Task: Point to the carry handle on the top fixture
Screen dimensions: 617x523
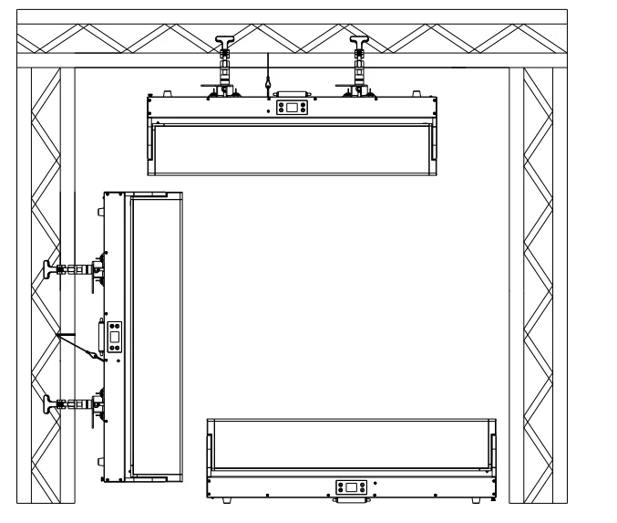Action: click(291, 92)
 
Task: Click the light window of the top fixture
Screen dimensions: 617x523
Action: click(291, 150)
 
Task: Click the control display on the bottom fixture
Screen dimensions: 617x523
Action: click(351, 487)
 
